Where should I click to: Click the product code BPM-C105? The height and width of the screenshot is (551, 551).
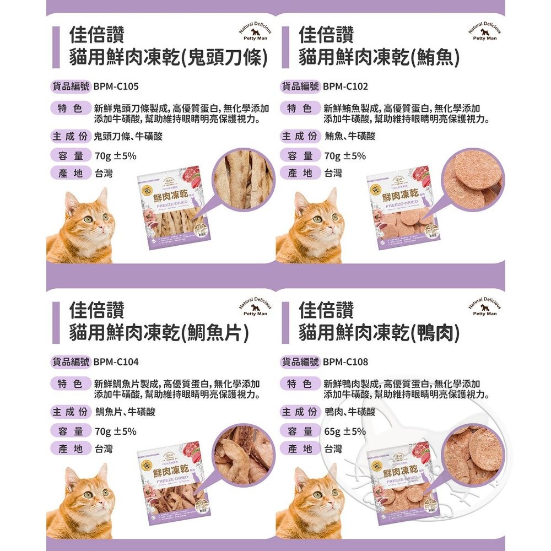pos(116,87)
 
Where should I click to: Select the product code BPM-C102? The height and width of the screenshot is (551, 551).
pos(345,87)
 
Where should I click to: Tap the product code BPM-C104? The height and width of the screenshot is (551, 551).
pos(116,362)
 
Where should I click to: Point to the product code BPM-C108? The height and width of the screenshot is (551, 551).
pos(345,362)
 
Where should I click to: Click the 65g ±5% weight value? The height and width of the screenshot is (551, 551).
pos(345,431)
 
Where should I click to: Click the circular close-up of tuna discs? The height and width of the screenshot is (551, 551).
pos(470,179)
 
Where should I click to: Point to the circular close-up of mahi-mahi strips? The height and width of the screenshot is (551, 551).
pos(240,179)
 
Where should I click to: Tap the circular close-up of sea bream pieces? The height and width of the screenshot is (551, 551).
pos(241,455)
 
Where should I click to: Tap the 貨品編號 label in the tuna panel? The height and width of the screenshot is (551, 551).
pos(300,87)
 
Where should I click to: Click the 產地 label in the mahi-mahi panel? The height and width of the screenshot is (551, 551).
pos(71,174)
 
